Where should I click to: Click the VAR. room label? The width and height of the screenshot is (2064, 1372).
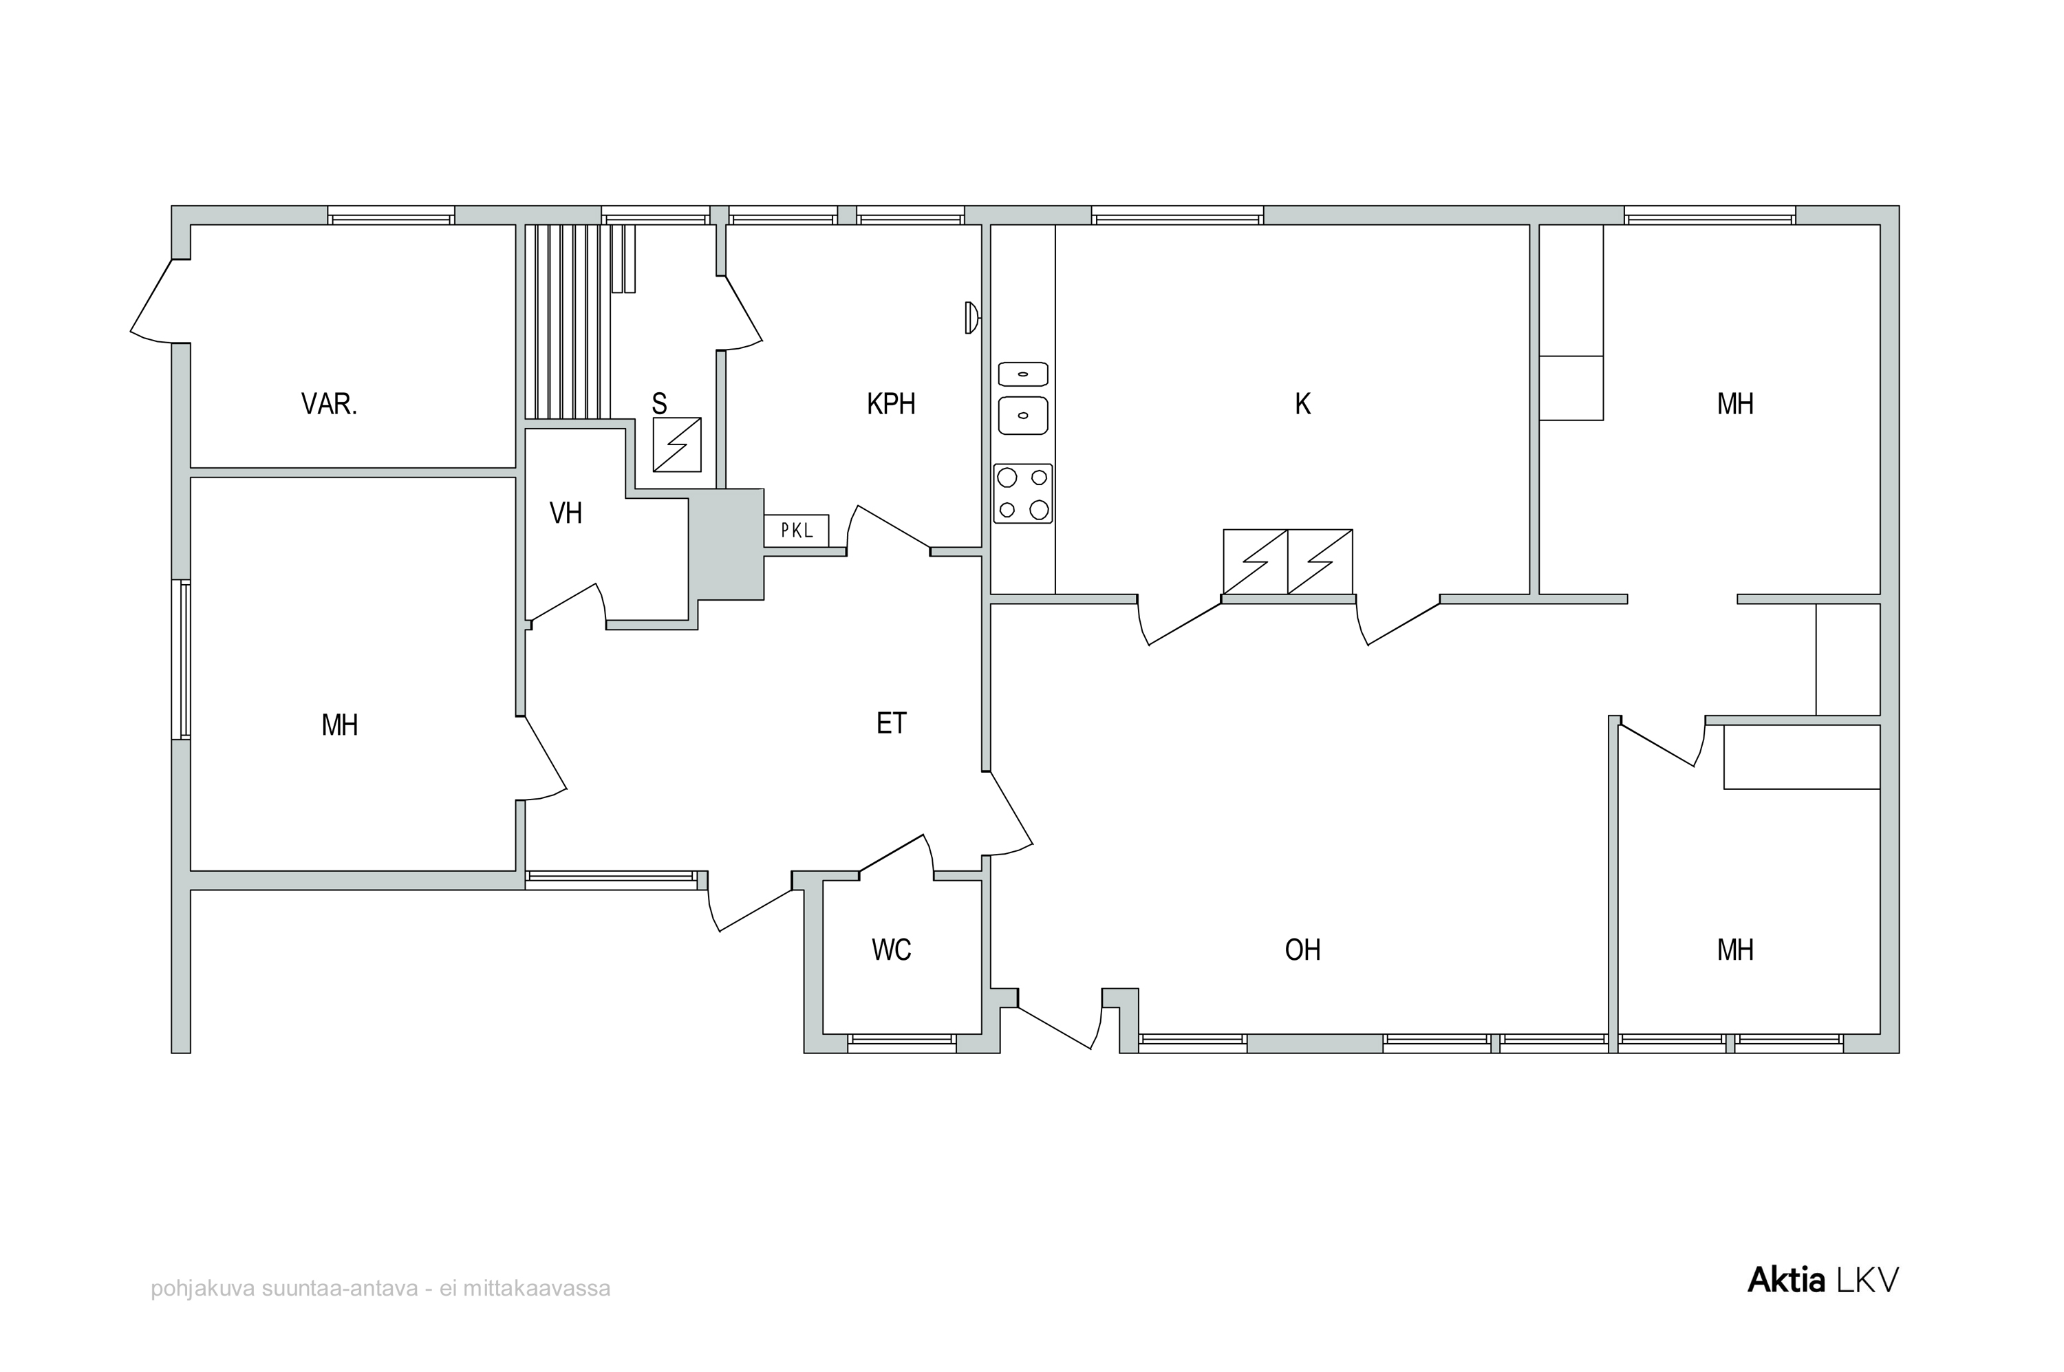point(329,405)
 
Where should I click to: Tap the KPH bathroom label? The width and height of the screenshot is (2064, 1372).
point(891,405)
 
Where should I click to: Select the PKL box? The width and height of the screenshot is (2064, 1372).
point(796,530)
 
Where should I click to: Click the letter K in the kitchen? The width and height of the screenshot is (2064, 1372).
point(1303,405)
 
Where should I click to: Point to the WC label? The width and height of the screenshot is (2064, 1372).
point(892,950)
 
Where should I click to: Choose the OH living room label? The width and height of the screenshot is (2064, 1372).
point(1303,950)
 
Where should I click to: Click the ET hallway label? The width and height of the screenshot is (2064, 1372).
point(892,722)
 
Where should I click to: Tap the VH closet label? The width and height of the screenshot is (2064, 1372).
point(566,513)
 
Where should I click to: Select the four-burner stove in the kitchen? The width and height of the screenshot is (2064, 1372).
point(1023,493)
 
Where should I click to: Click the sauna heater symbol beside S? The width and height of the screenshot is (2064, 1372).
point(677,444)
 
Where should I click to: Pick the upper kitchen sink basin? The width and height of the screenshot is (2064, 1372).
point(1023,374)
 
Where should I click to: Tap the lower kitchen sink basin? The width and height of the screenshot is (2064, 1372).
point(1023,416)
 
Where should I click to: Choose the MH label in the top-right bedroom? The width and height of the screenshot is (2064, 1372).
point(1735,405)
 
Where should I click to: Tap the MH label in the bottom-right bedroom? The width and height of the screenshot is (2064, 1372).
point(1735,950)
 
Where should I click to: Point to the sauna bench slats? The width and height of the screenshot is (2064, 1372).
point(567,322)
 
